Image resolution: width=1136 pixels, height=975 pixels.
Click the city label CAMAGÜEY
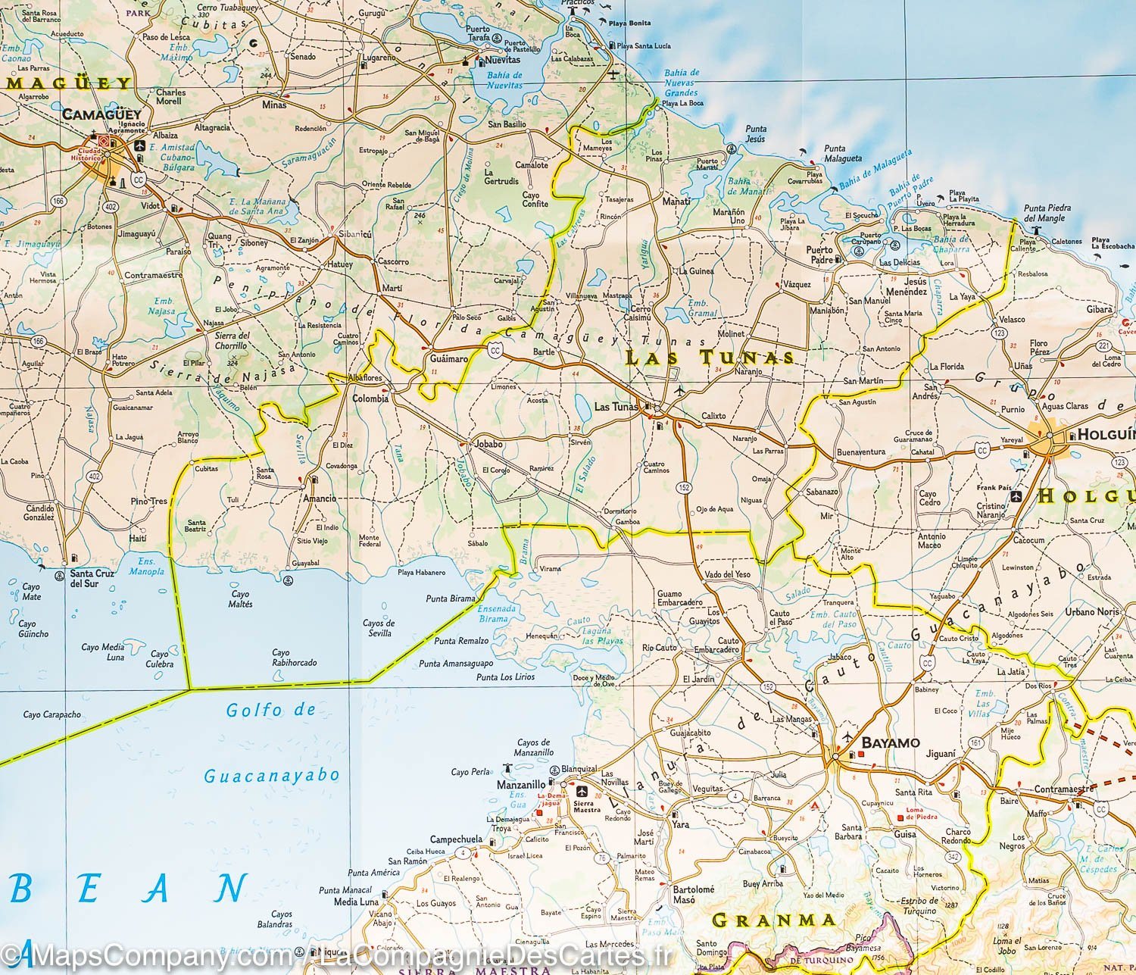[101, 114]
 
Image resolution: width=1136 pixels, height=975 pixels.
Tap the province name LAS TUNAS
[710, 358]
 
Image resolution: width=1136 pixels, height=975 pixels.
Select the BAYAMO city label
[891, 742]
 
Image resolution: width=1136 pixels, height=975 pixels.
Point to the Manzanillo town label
[520, 785]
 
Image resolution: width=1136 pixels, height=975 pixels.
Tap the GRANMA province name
[775, 920]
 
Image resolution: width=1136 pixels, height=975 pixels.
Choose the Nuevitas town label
[502, 60]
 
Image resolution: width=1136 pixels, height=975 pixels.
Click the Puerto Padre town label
[819, 255]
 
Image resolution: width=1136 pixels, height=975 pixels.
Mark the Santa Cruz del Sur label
[92, 578]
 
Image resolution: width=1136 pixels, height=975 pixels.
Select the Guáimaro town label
[448, 358]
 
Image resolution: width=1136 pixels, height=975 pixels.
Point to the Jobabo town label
[488, 444]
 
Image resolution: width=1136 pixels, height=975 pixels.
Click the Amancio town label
[319, 498]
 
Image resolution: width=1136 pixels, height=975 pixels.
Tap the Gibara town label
[1100, 309]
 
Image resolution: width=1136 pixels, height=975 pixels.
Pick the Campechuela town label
[456, 839]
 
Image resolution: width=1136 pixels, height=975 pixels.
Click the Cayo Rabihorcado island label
[294, 657]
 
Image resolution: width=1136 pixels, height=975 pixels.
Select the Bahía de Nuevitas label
[504, 80]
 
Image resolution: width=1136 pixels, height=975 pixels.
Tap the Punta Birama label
[451, 598]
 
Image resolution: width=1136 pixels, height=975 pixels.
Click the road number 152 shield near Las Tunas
[685, 488]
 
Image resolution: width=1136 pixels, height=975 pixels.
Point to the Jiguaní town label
[941, 754]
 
